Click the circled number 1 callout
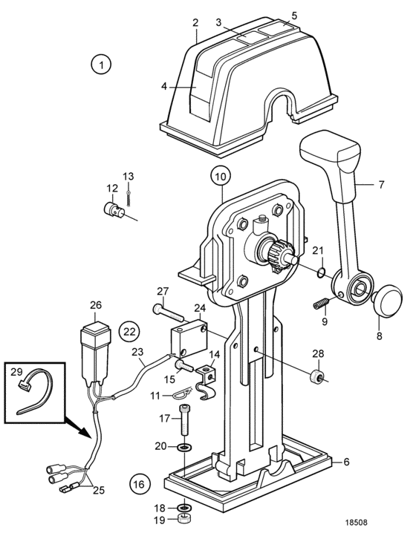coord(101,65)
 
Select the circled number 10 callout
coord(221,177)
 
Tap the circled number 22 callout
coord(130,331)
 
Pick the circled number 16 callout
coord(140,484)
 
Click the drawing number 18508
coord(356,523)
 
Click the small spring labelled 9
coord(321,303)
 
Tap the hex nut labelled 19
coord(184,520)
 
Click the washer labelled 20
coord(185,447)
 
